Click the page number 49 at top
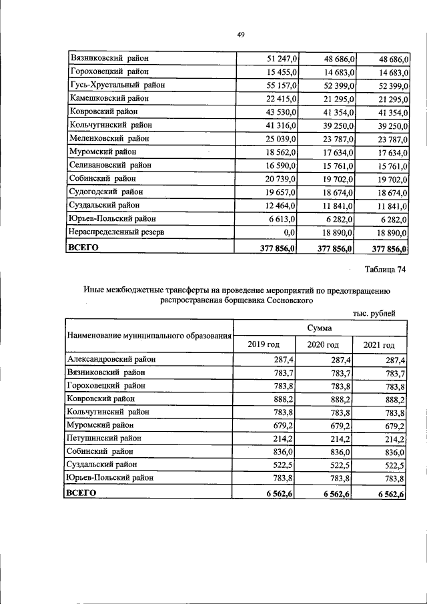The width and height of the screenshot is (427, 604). [241, 35]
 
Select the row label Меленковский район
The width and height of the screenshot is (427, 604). [109, 138]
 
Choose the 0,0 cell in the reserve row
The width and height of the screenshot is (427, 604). [289, 232]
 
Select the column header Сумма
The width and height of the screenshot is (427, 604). [320, 329]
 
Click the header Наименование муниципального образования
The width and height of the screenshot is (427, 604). [149, 336]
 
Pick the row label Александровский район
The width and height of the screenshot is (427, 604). [111, 359]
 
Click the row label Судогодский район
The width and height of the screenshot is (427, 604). [106, 192]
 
